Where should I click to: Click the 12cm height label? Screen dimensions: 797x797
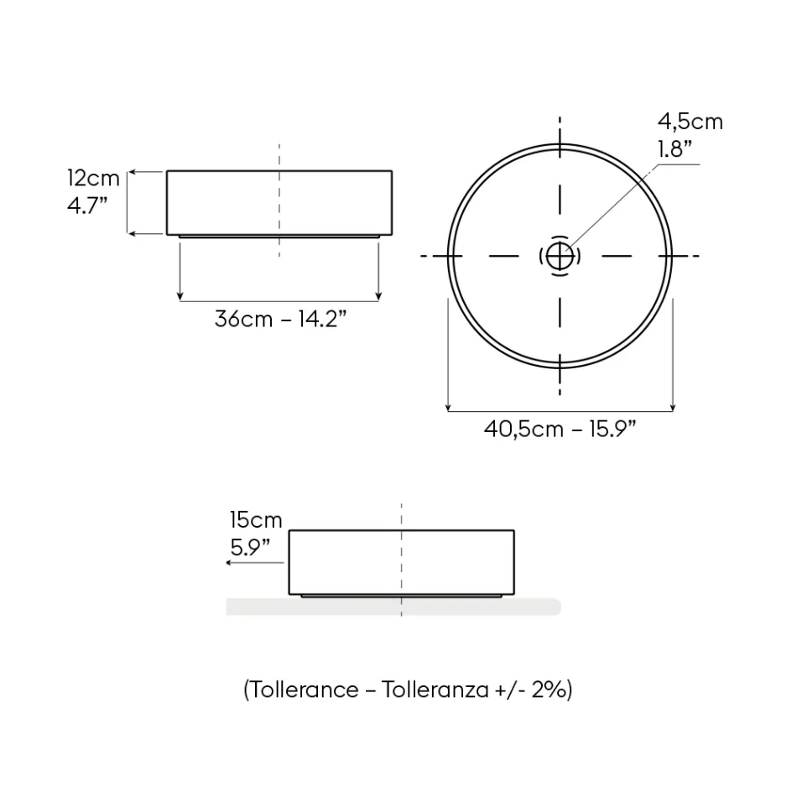coord(93,179)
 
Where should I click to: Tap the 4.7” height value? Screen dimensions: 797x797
coord(87,206)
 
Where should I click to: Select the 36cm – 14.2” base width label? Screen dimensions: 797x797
coord(280,319)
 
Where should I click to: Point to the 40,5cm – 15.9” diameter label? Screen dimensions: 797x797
coord(560,430)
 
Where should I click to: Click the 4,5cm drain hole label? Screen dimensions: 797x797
coord(690,122)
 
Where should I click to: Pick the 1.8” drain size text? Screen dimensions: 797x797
coord(675,149)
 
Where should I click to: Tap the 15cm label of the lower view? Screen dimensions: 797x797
coord(256,520)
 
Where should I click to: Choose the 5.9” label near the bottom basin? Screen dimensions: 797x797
coord(250,548)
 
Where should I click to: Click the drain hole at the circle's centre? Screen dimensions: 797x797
coord(560,256)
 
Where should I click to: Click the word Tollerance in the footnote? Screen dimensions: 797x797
coord(305,690)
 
